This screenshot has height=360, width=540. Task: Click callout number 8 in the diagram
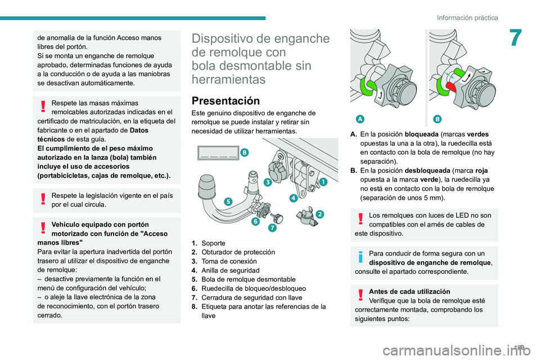pyautogui.click(x=244, y=152)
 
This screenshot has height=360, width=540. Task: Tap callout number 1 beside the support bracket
pyautogui.click(x=323, y=181)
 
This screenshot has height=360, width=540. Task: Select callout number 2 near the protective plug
pyautogui.click(x=319, y=214)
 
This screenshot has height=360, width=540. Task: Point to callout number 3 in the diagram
pyautogui.click(x=268, y=182)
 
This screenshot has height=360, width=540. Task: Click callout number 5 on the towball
pyautogui.click(x=228, y=201)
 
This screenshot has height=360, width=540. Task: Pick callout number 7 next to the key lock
pyautogui.click(x=272, y=228)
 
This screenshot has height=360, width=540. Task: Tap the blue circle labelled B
pyautogui.click(x=436, y=118)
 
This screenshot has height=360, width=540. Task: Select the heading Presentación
pyautogui.click(x=226, y=101)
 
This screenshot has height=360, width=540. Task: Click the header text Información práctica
pyautogui.click(x=467, y=17)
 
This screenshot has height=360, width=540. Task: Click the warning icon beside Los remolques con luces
pyautogui.click(x=360, y=219)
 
